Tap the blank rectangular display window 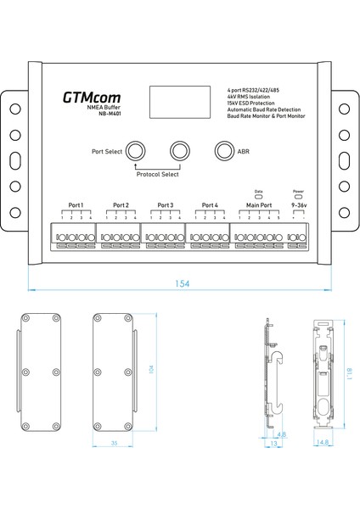coord(174,102)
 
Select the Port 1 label coord(76,204)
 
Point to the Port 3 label coord(166,204)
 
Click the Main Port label coord(259,204)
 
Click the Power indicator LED coord(298,196)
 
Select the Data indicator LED coord(259,196)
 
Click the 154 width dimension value coord(181,283)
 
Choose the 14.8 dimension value coord(324,442)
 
